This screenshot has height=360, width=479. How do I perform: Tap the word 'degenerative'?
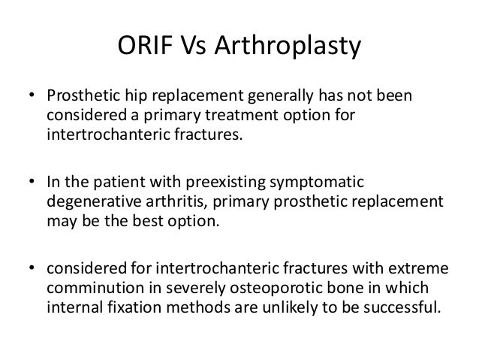[86, 203]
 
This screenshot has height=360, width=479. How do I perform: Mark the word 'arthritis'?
[160, 203]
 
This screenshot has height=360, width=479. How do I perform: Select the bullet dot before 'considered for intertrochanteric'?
[31, 269]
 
